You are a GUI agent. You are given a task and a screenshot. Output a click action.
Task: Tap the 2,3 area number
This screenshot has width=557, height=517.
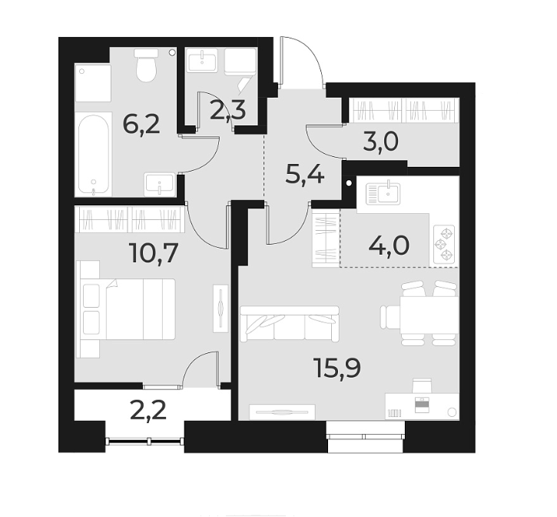[x=227, y=112]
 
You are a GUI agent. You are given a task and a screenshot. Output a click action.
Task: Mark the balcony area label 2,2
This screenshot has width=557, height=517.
[x=149, y=411]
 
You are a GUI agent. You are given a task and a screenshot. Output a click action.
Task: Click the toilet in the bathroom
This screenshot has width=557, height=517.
[x=144, y=66]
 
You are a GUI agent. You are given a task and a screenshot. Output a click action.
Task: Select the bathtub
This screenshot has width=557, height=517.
[x=93, y=155]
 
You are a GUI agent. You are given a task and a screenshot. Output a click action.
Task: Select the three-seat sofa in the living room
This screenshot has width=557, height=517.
[x=288, y=323]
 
